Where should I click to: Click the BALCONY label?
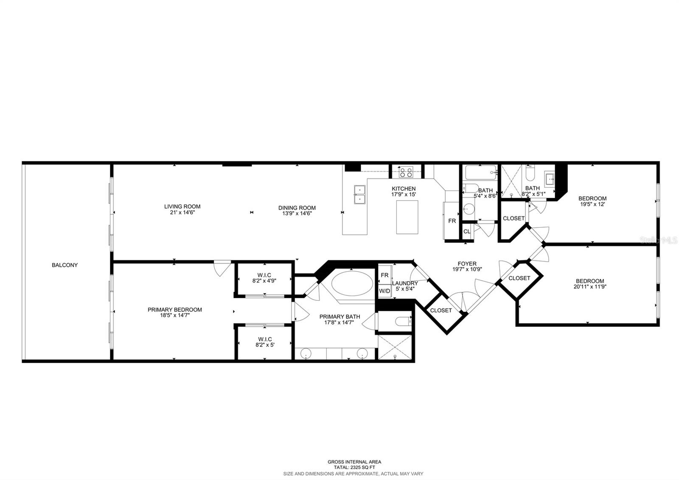tap(65, 265)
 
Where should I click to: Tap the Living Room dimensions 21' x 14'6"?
tap(182, 212)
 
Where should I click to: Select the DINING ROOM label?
tap(297, 208)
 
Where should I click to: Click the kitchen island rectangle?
tap(407, 217)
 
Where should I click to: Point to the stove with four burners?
tap(406, 172)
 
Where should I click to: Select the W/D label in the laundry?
tap(384, 291)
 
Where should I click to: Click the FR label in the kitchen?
tap(452, 221)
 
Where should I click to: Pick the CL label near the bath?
tap(467, 232)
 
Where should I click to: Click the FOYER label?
tap(467, 263)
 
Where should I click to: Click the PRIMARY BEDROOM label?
tap(174, 310)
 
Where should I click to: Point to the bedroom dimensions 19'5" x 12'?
tap(592, 204)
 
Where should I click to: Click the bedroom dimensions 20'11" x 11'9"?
tap(590, 287)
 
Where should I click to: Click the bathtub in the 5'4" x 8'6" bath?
tap(480, 172)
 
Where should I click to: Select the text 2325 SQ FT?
tap(361, 467)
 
